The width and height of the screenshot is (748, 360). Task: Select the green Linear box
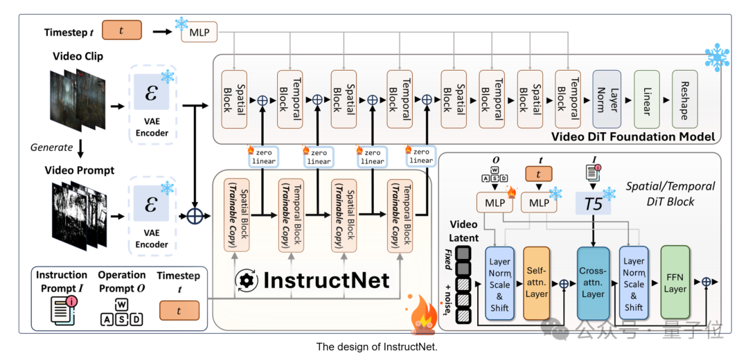(646, 98)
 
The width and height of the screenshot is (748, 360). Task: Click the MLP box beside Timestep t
(199, 32)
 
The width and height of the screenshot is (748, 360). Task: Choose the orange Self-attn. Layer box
(537, 282)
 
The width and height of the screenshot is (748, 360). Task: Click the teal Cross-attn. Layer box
(593, 282)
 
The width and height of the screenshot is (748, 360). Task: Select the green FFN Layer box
(675, 282)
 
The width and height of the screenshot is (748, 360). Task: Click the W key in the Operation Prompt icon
(121, 304)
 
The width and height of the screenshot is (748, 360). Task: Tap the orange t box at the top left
(122, 31)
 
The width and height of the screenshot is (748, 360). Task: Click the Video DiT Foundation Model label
(632, 136)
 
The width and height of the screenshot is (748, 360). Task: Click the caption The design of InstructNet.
(377, 346)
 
